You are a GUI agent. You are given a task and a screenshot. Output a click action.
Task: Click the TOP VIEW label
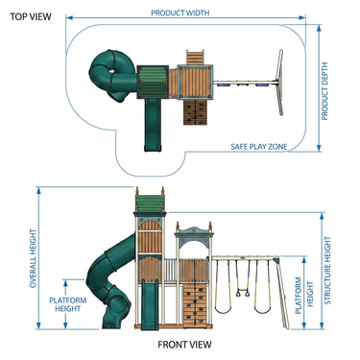[x=31, y=16]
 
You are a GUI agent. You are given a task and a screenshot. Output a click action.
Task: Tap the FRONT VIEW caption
[x=184, y=345]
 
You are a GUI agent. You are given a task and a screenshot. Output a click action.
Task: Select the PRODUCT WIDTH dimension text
[x=180, y=12]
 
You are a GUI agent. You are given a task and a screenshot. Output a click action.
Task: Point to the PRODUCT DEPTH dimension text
[x=324, y=91]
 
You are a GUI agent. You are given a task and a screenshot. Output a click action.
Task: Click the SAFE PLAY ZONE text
[x=259, y=147]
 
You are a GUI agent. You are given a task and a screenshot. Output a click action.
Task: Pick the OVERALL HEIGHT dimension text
[x=34, y=258]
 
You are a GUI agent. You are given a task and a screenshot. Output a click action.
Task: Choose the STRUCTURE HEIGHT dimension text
[x=327, y=271]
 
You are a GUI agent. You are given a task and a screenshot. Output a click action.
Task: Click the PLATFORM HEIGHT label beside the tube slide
[x=67, y=304]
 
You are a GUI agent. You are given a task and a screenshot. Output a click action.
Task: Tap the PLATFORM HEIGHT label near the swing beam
[x=304, y=295]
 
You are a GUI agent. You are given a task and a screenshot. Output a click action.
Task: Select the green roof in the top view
[x=153, y=82]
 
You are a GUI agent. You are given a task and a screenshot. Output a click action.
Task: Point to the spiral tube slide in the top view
[x=112, y=76]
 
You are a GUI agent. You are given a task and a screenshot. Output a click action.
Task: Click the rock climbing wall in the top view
[x=195, y=111]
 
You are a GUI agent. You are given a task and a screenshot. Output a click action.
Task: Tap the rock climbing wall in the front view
[x=195, y=306]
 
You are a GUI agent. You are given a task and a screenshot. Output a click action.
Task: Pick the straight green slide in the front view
[x=150, y=304]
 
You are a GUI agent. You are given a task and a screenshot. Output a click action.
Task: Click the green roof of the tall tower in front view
[x=150, y=204]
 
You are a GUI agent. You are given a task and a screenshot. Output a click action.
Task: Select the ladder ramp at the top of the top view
[x=195, y=58]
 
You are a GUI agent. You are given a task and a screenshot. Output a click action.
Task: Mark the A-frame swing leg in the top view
[x=279, y=83]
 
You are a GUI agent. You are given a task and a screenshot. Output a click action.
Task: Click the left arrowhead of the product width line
[x=69, y=17]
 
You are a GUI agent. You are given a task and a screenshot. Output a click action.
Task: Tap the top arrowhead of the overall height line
[x=38, y=190]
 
